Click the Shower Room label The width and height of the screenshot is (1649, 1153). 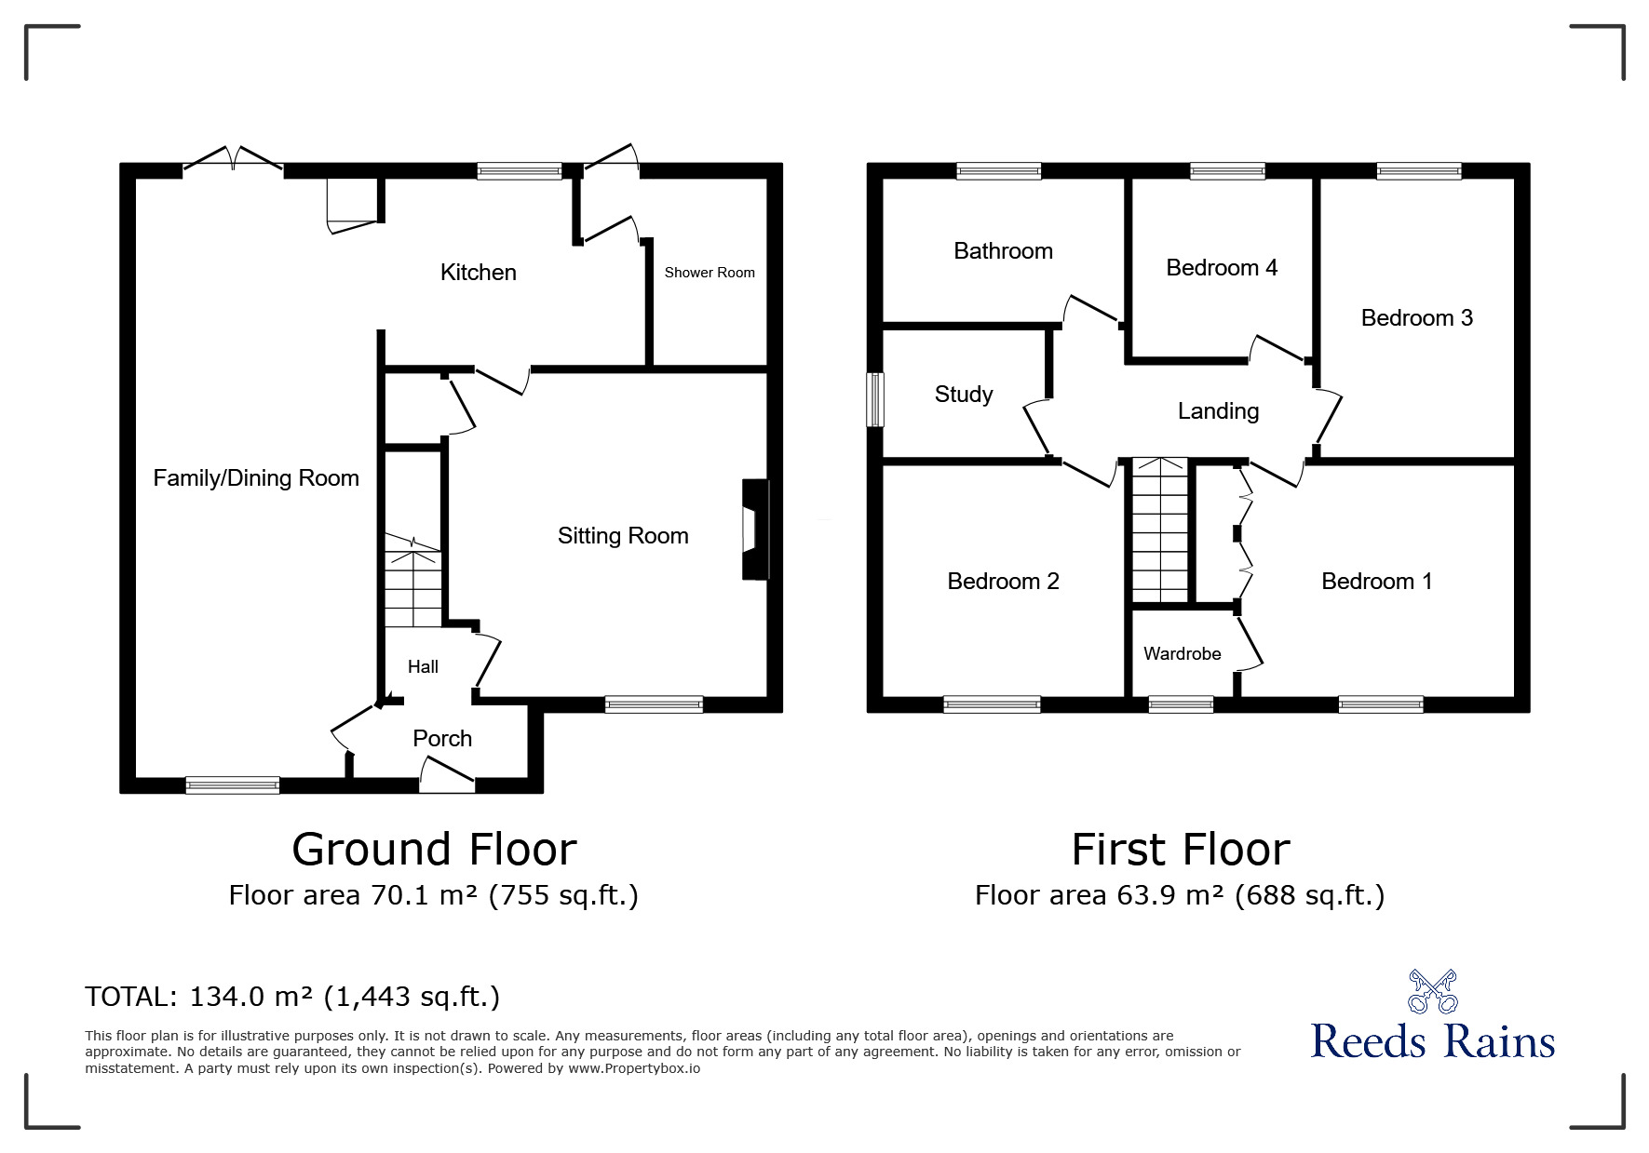pos(710,273)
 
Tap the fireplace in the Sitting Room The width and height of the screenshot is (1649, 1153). pos(755,530)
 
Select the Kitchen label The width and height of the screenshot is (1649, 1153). pos(478,273)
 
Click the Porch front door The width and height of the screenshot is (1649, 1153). pos(447,775)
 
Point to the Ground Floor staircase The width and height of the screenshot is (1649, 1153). pos(413,582)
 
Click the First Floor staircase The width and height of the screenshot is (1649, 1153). pos(1160,530)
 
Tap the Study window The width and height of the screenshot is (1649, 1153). pos(874,400)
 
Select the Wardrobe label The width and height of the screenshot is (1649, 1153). pos(1182,654)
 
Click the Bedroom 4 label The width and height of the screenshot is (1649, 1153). pos(1222,268)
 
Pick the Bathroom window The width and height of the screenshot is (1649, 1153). pos(998,171)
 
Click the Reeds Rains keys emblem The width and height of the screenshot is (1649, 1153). pos(1432,992)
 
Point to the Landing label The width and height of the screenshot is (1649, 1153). pos(1218,411)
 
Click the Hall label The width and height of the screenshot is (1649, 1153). pos(423,667)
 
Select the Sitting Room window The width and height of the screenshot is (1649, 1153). pos(654,704)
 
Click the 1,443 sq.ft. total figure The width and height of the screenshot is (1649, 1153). pos(412,998)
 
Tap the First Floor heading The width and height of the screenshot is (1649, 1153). pos(1181,850)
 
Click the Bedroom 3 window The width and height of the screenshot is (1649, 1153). pos(1419,171)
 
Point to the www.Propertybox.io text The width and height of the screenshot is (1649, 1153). pos(634,1069)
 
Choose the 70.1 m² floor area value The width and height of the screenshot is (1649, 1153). pos(425,895)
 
